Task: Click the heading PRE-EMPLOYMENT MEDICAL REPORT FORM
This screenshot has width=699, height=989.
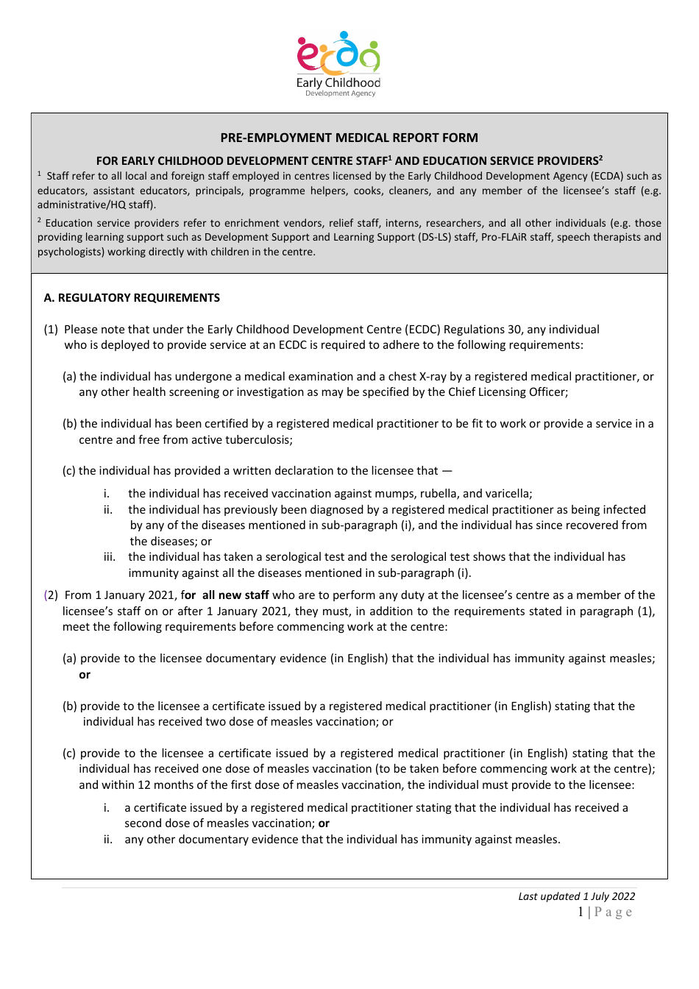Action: click(x=349, y=138)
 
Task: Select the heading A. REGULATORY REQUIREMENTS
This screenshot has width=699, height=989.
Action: click(x=132, y=298)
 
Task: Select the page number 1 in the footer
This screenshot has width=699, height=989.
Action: click(x=581, y=912)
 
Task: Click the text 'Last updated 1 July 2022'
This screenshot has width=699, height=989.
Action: click(x=576, y=896)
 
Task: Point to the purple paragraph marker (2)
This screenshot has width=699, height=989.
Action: click(x=52, y=595)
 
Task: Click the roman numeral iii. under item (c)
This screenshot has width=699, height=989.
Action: click(x=110, y=557)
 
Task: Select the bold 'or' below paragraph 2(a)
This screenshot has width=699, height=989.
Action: click(x=85, y=675)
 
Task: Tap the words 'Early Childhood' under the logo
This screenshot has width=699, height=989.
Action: click(x=338, y=82)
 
